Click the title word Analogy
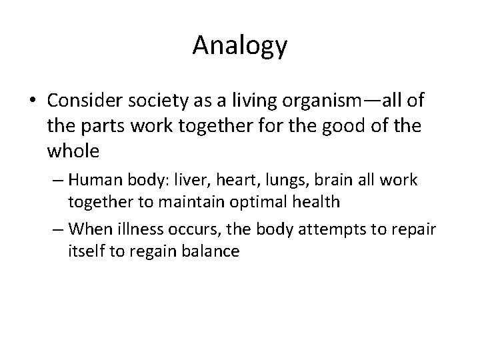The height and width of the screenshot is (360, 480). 240,45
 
